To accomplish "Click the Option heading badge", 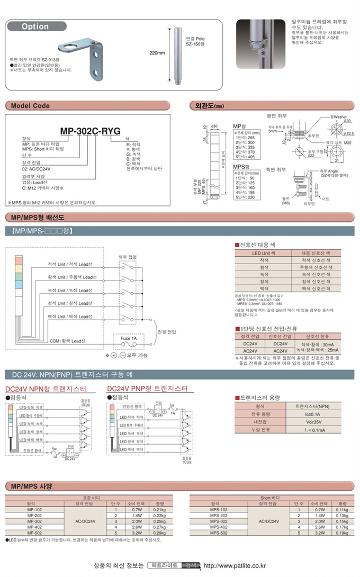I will [x=35, y=26].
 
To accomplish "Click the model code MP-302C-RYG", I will [x=89, y=132].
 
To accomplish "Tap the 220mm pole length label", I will [x=158, y=53].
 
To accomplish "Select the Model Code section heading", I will [x=30, y=106].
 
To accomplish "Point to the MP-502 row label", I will [x=34, y=533].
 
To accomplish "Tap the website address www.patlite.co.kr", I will [x=234, y=565].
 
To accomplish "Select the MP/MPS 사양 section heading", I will [x=31, y=486].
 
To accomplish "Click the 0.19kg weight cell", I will [x=343, y=533].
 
